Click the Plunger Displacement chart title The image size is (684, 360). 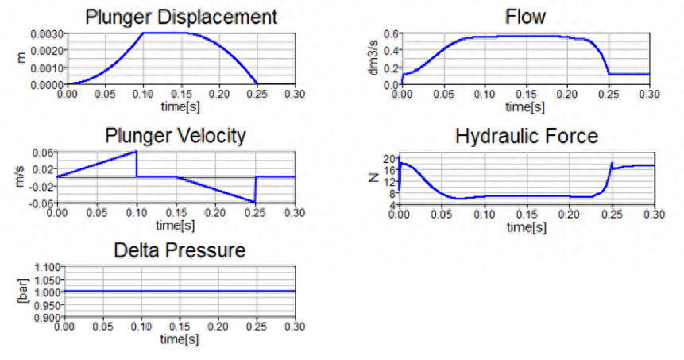(181, 17)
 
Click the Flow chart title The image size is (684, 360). (525, 17)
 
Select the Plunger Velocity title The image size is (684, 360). (176, 136)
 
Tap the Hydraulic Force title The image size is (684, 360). (527, 136)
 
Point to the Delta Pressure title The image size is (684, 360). (180, 250)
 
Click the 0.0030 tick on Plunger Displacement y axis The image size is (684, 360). (47, 34)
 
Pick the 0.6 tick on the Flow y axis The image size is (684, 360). (391, 34)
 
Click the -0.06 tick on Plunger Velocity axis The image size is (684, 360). (43, 203)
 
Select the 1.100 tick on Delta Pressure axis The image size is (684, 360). (47, 267)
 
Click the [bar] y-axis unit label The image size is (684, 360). (23, 291)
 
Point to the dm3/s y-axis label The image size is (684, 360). (373, 60)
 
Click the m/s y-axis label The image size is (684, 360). (20, 176)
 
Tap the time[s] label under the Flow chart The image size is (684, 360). (525, 106)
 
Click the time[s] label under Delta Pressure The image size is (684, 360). (180, 339)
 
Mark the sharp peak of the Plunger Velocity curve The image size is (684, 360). (136, 152)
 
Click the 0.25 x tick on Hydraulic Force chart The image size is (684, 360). (613, 215)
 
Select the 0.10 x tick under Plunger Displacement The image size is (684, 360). (143, 94)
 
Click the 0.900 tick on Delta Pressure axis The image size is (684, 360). (47, 318)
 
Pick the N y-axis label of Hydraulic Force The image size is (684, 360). (373, 178)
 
